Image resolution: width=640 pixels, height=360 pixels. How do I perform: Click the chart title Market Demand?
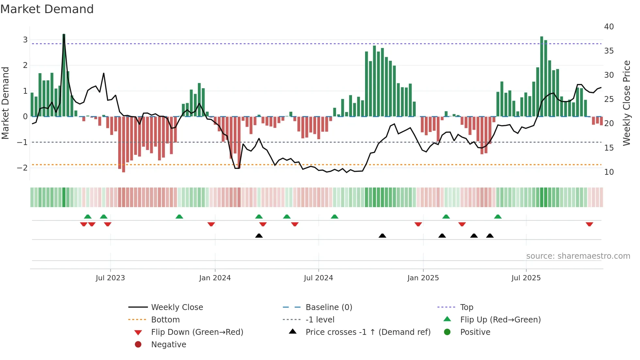point(47,9)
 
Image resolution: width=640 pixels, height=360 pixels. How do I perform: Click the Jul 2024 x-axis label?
point(318,278)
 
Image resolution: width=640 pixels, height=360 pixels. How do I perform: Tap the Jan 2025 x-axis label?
point(423,278)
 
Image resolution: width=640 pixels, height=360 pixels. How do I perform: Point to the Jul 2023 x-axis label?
point(110,278)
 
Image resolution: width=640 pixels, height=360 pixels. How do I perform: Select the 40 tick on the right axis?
point(609,27)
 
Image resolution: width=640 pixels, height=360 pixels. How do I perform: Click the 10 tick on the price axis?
point(609,172)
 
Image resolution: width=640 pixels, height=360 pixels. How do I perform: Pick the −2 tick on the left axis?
point(22,168)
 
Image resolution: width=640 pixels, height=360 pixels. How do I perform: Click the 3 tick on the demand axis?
point(25,40)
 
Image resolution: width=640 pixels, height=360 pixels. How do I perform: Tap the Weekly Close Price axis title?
point(626,103)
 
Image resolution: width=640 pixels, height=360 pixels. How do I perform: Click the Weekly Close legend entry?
point(177,307)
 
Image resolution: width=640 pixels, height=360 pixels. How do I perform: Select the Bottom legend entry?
point(165,320)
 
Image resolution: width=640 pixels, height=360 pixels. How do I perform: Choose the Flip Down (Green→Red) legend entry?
point(197,332)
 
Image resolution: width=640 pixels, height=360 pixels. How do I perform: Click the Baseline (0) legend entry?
point(329,307)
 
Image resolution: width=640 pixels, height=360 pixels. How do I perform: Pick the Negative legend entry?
point(168,345)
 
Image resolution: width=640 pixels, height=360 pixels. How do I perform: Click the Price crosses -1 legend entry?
point(368,332)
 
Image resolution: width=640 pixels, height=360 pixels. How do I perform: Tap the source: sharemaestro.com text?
point(578,256)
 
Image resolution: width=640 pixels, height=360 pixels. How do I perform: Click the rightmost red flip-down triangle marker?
point(589,224)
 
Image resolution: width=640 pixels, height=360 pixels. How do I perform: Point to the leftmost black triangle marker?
point(259,236)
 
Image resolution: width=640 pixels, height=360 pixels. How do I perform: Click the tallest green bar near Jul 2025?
point(542,76)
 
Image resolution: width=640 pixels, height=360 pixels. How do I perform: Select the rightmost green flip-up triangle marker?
point(498,217)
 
